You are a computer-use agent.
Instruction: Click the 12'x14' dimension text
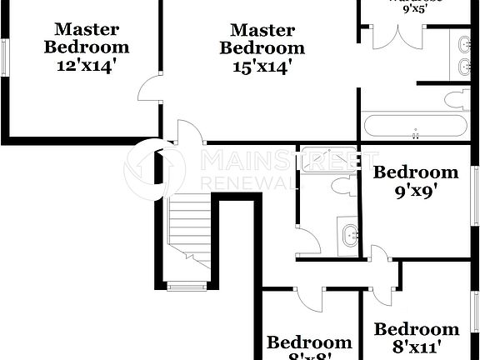[x=86, y=66]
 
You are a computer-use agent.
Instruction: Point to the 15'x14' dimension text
[x=262, y=67]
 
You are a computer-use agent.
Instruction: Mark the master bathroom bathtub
[x=414, y=127]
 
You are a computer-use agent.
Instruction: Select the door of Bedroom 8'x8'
[x=310, y=297]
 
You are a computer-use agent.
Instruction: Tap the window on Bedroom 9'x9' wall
[x=476, y=195]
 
